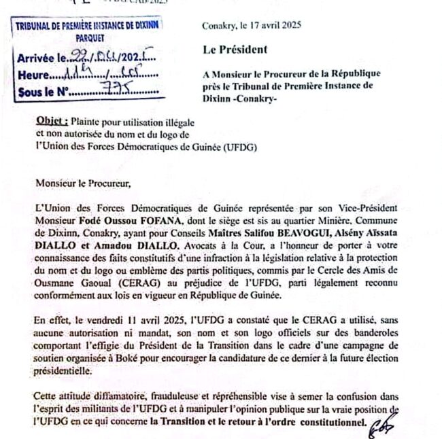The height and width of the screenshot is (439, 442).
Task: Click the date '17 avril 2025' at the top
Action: pyautogui.click(x=277, y=26)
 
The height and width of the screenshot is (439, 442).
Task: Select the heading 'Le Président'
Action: pyautogui.click(x=235, y=49)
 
